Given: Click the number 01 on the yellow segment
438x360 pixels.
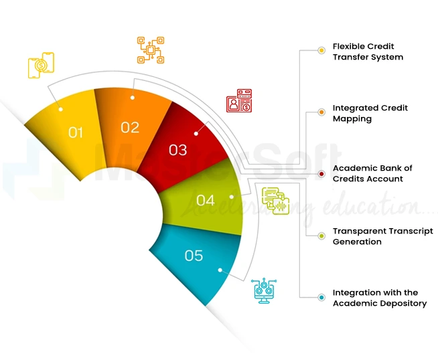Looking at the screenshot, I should [x=76, y=132].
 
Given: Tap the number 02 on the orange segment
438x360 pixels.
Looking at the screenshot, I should [x=130, y=127].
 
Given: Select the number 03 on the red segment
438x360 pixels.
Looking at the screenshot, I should [x=178, y=150].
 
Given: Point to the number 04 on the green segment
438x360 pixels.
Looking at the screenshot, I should [x=206, y=200].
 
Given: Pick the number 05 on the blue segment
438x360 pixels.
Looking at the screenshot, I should [x=194, y=255].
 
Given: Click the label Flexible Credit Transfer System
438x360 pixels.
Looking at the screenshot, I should [x=368, y=52].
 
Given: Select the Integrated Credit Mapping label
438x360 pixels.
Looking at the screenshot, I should [x=370, y=113].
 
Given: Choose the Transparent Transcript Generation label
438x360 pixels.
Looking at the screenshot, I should [x=382, y=236].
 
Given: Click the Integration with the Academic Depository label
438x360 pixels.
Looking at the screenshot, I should [x=379, y=298].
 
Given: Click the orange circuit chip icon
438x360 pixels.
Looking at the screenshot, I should [x=150, y=50].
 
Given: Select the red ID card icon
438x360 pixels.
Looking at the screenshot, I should [x=238, y=102].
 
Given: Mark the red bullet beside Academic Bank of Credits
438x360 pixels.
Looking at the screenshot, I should [x=322, y=174].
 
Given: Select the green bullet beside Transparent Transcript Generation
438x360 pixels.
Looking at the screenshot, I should [x=322, y=236].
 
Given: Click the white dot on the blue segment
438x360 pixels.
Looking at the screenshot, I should [x=220, y=270].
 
